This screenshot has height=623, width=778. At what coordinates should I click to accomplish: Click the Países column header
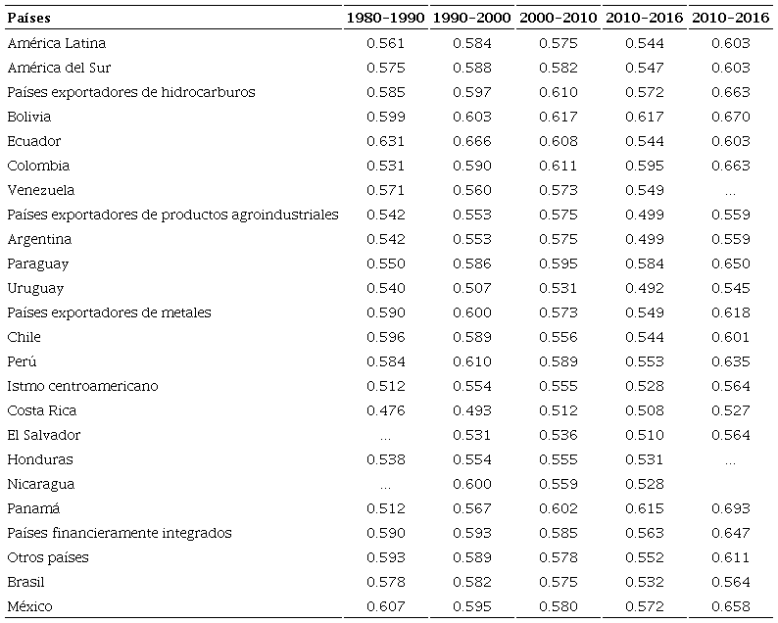click(28, 19)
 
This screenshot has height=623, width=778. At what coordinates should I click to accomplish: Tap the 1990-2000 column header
click(472, 19)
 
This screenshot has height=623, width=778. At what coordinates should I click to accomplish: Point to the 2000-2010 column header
click(559, 19)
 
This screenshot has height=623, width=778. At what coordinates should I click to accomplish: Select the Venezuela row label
click(40, 190)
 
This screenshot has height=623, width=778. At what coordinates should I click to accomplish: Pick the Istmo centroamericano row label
click(82, 386)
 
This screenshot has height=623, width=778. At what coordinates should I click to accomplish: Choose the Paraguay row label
click(37, 264)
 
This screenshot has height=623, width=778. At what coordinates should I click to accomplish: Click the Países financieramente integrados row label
click(120, 533)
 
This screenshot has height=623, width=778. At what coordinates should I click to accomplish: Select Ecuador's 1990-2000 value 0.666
click(472, 141)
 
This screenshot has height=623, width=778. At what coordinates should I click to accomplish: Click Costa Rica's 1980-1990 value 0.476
click(385, 410)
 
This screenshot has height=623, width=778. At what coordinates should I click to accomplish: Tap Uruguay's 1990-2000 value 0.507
click(472, 288)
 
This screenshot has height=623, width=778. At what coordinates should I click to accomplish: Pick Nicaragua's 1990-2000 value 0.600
click(472, 484)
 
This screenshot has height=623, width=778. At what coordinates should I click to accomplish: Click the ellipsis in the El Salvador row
click(385, 436)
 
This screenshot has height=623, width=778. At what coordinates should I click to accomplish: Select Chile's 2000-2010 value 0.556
click(559, 337)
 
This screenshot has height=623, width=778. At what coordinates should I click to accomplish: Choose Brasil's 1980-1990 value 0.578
click(385, 582)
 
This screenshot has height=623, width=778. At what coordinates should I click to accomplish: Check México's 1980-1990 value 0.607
click(385, 606)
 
